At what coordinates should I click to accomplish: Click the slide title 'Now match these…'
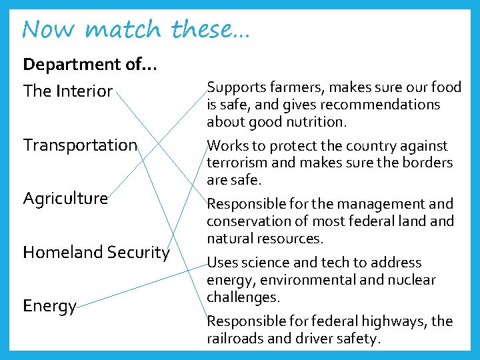pos(135,29)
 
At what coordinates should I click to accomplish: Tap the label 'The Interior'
pos(68,91)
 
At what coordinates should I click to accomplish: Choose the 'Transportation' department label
pos(80,145)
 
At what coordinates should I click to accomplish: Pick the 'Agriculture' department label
pos(65,198)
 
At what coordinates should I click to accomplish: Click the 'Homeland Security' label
pos(97,252)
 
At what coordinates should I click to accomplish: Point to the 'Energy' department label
pos(50,306)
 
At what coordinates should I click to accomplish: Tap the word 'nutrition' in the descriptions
pos(316,122)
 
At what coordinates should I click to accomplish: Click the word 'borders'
pos(427,163)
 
